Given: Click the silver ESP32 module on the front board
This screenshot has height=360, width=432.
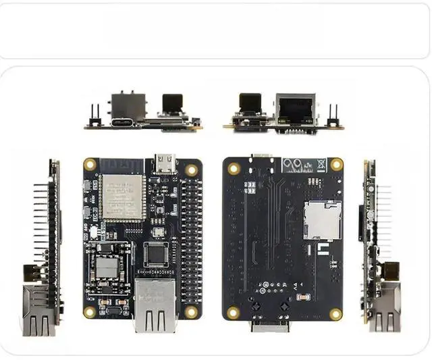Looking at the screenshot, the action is (x=123, y=197).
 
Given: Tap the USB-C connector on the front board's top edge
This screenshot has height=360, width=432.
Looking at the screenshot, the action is (x=164, y=162).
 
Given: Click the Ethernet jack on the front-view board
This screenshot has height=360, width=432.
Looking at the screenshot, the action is (x=155, y=305).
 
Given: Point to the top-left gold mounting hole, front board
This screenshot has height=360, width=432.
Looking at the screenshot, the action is (x=90, y=164).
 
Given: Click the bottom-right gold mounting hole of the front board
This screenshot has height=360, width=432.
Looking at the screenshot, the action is (x=191, y=311).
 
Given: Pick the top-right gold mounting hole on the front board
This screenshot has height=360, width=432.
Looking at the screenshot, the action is (x=192, y=170).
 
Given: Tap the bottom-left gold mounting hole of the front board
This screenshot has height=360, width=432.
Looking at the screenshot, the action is (x=90, y=312).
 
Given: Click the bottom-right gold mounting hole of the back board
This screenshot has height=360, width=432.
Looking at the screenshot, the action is (x=335, y=313).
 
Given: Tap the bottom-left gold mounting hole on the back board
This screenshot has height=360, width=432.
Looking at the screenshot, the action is (x=234, y=313).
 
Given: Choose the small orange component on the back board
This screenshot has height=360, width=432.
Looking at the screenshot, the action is (x=301, y=298).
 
